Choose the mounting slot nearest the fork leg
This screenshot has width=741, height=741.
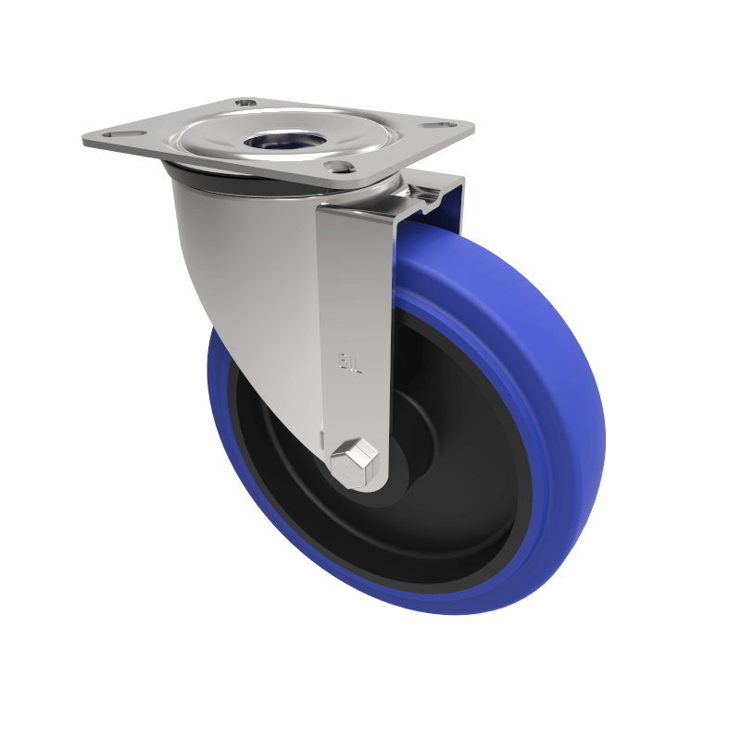(340, 168)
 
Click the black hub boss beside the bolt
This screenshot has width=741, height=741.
(394, 468)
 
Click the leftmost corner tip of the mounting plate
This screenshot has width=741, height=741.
(84, 141)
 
